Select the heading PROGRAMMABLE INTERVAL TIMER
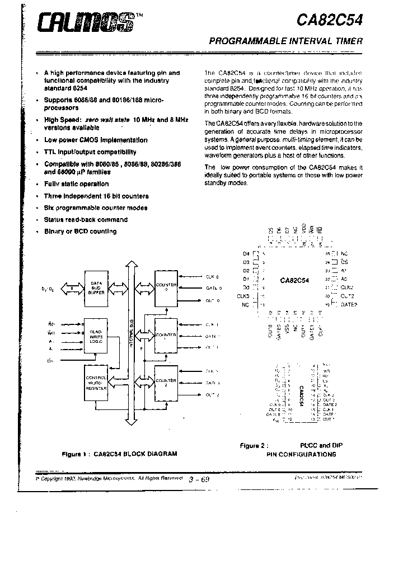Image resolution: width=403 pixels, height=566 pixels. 286,41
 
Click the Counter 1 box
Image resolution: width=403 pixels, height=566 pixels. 166,336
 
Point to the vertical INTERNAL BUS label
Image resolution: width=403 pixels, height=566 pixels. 132,336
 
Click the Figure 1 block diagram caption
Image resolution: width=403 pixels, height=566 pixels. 119,454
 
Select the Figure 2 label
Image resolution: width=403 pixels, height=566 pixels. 254,446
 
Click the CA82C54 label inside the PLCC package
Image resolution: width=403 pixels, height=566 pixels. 296,280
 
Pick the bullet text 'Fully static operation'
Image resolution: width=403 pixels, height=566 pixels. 76,184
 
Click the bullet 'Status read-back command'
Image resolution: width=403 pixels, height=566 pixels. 86,220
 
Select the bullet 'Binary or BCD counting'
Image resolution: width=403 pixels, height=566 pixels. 80,232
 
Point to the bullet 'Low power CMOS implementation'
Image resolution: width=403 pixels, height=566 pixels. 96,140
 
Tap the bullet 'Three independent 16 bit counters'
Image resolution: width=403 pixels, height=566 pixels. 96,196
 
